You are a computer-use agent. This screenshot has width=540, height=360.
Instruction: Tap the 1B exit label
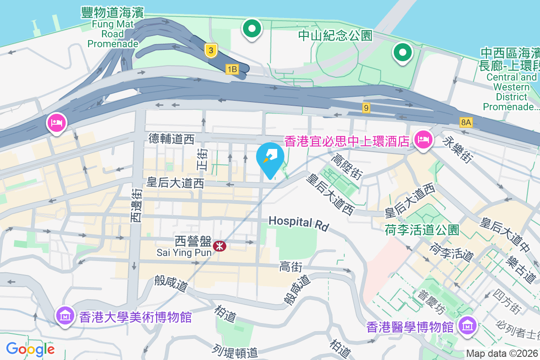[x=232, y=69]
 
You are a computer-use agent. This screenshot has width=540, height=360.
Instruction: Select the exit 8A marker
[x=466, y=122]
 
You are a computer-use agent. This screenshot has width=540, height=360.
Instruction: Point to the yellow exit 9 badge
[x=367, y=108]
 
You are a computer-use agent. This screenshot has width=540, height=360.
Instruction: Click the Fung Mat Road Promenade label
[x=112, y=28]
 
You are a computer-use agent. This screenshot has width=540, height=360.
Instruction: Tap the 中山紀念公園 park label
[x=336, y=36]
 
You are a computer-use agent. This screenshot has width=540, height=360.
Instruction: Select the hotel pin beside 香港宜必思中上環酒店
[x=423, y=140]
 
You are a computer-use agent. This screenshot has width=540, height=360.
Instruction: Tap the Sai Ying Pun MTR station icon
[x=220, y=246]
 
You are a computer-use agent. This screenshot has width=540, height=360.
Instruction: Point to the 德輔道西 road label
[x=171, y=139]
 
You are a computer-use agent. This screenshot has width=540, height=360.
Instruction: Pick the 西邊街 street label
[x=136, y=205]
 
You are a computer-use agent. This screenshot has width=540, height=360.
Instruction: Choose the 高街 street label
[x=290, y=267]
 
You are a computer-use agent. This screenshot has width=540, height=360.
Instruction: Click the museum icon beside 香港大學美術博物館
[x=65, y=316]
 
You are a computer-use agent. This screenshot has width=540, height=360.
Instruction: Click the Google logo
[x=30, y=349]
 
